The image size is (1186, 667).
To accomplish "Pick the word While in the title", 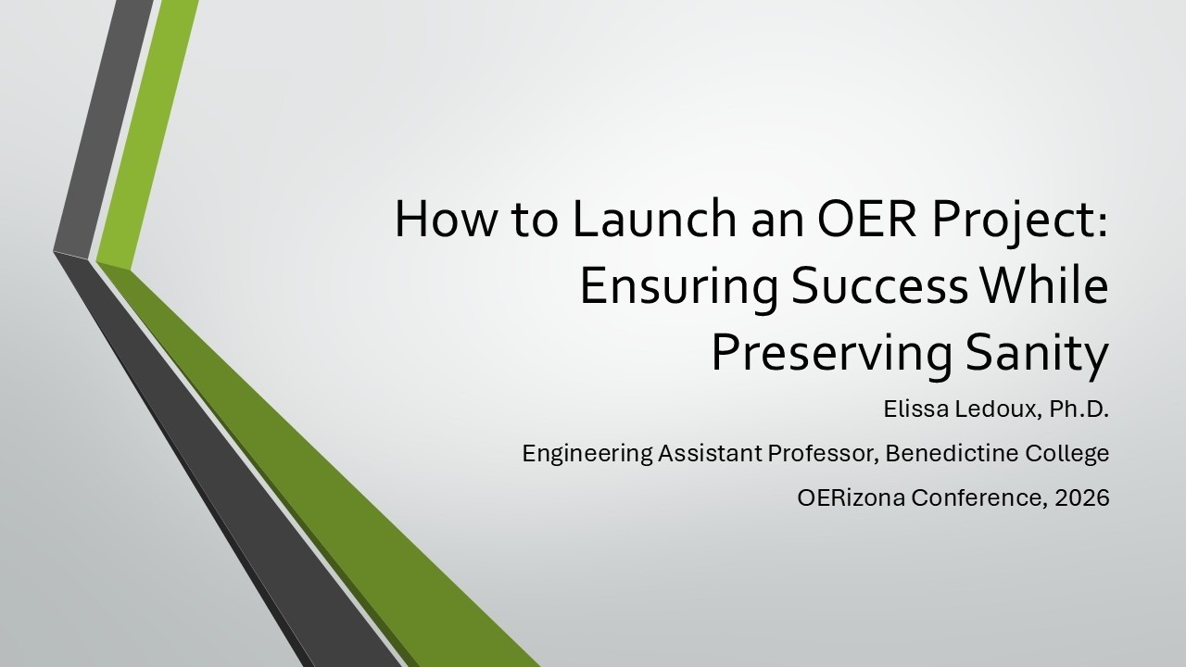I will point(1044,287).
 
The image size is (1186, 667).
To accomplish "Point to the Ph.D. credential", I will point(1079,409).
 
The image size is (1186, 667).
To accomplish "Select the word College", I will point(1064,454).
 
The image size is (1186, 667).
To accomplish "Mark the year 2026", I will point(1084,498).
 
